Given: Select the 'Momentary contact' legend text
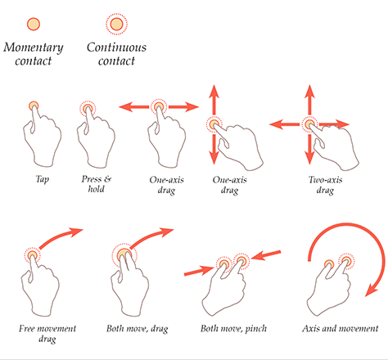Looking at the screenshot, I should [x=34, y=54].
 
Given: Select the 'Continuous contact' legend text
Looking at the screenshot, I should [x=116, y=54].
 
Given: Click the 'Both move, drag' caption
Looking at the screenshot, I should [x=138, y=329].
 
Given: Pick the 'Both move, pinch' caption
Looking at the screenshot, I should [x=233, y=329].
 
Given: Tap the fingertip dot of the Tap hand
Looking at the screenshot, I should [x=34, y=106].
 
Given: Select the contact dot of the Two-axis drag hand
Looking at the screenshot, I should [x=309, y=124].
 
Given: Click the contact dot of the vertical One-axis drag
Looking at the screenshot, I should [x=215, y=124].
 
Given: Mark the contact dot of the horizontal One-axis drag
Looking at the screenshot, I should [x=159, y=107].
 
